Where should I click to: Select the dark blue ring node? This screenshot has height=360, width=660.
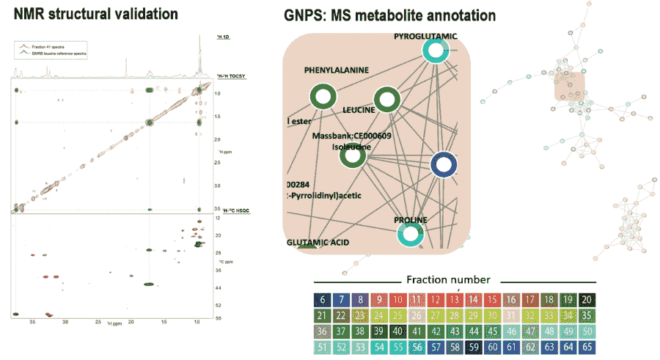click(x=443, y=166)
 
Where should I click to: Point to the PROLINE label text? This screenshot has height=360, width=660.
click(x=410, y=219)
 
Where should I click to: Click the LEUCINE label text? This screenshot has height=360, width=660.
click(x=359, y=110)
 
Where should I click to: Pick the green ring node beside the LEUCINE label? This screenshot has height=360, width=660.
click(x=386, y=100)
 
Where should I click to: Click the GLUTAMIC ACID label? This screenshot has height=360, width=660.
click(x=317, y=242)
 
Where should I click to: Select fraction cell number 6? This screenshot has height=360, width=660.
click(x=321, y=300)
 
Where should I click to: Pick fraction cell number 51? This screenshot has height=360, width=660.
click(x=321, y=346)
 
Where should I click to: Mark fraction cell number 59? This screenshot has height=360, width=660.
click(x=474, y=346)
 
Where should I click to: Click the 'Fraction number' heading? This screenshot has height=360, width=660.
click(x=448, y=279)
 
